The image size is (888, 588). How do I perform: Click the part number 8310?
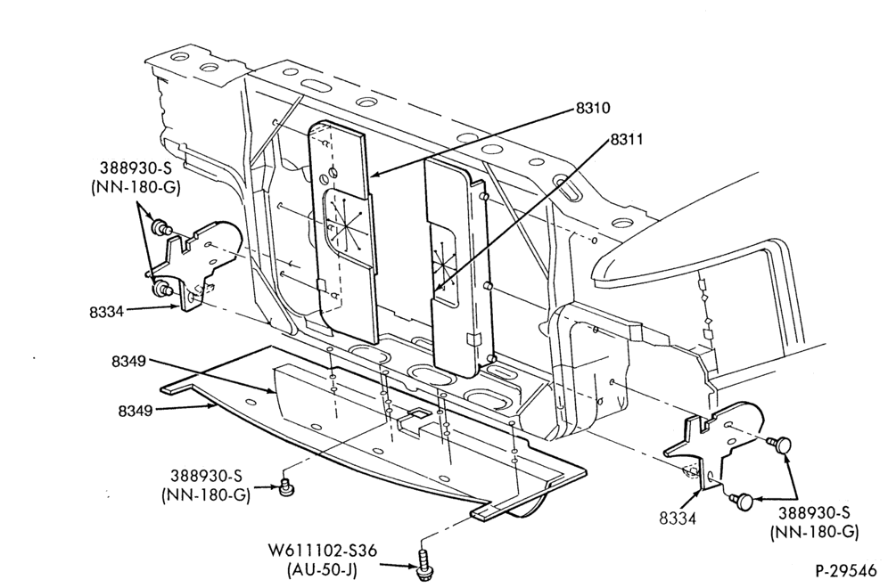[593, 108]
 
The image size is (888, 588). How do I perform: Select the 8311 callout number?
[627, 139]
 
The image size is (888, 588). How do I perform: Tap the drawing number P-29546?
[845, 571]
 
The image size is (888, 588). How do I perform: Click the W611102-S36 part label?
[323, 550]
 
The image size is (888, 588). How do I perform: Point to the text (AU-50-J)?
[322, 569]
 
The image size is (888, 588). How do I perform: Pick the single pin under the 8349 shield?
[287, 486]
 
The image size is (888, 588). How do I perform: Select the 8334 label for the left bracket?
[106, 312]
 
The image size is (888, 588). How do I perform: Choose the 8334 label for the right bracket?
[677, 518]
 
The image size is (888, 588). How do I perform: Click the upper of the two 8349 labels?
[129, 361]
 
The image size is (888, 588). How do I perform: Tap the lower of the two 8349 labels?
[136, 411]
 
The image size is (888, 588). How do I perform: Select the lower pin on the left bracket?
[160, 290]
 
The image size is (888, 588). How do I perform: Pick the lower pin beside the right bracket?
[741, 501]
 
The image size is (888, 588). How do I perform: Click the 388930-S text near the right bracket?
[814, 513]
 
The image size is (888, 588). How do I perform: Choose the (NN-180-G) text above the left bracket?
[136, 187]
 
